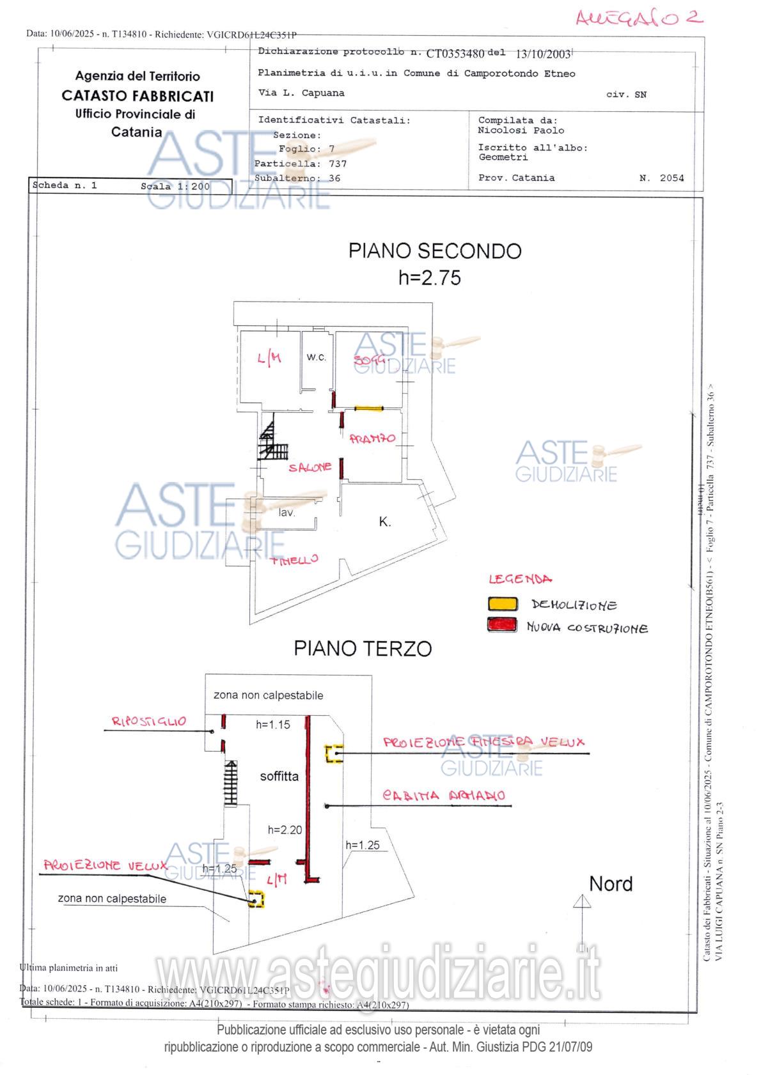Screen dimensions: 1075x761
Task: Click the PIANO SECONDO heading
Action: click(x=434, y=251)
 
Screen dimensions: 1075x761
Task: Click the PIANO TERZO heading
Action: click(x=363, y=648)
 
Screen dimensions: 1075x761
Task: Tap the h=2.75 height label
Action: click(x=429, y=278)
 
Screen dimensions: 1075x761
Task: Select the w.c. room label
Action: click(x=316, y=357)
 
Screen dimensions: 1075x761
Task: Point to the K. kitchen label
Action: click(x=384, y=522)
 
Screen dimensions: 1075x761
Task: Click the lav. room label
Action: click(x=286, y=513)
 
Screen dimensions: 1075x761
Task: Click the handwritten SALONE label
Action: click(x=310, y=467)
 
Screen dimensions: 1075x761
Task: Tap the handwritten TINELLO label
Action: click(x=294, y=560)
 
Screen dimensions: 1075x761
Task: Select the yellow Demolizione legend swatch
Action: click(x=502, y=603)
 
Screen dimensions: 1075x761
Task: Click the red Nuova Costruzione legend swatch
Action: click(x=502, y=625)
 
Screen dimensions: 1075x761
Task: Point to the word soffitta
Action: click(x=279, y=777)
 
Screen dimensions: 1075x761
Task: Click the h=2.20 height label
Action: click(x=285, y=830)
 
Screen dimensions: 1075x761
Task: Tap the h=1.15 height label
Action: click(x=273, y=724)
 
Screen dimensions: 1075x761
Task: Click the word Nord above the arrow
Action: click(x=611, y=884)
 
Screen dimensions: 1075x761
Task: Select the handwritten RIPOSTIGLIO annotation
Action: click(x=149, y=722)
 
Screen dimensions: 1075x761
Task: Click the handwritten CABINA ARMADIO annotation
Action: click(x=444, y=795)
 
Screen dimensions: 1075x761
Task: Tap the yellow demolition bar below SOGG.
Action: click(x=368, y=408)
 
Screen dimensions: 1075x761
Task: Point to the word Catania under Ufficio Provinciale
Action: click(x=136, y=132)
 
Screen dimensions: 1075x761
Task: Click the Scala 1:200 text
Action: click(x=175, y=187)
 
